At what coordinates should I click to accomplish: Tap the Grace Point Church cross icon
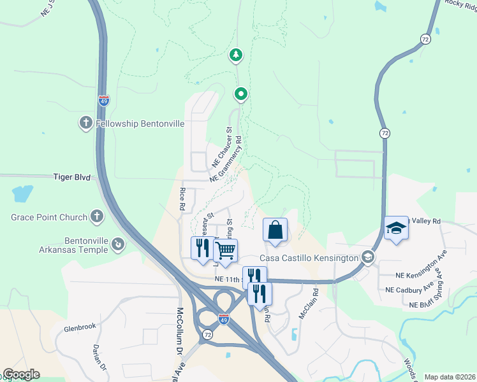point(96,217)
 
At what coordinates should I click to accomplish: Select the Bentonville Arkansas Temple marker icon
point(117,244)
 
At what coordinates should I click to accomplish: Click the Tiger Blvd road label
point(71,177)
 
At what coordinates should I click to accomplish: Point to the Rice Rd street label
point(182,199)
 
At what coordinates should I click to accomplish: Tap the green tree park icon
point(237,55)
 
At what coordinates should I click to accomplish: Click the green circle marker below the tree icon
point(241,95)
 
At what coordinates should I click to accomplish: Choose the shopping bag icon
point(275,230)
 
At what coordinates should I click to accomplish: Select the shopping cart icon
point(225,251)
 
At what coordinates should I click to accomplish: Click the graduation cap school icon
point(396,228)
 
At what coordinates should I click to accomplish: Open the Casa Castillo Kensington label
point(309,258)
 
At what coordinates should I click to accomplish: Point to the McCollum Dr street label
point(179,331)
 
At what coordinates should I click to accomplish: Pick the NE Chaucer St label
point(221,148)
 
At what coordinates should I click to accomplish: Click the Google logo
point(20,374)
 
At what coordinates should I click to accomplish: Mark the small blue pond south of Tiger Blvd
point(22,192)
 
